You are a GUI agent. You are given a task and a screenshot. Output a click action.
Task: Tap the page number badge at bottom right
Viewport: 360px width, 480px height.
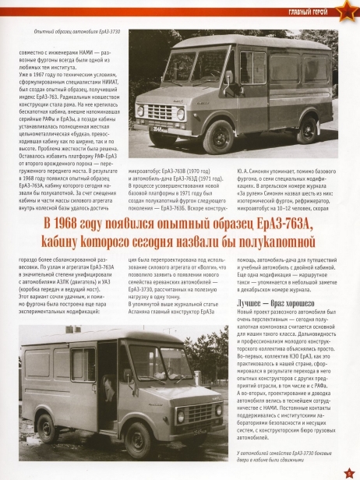click(348, 470)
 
